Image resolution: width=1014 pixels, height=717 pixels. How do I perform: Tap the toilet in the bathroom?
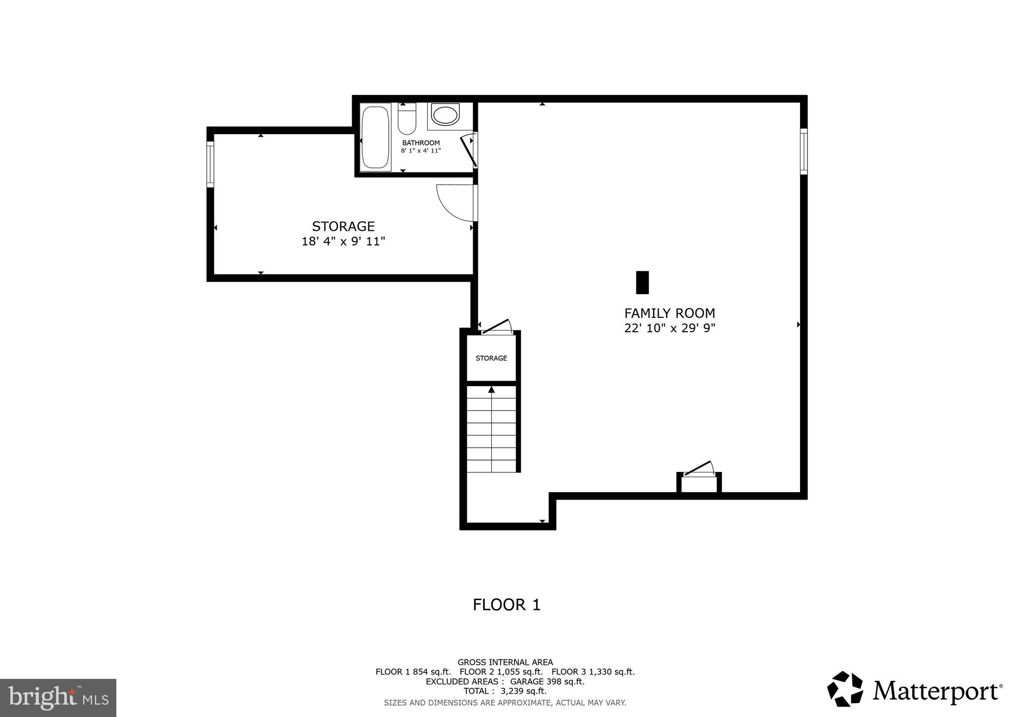click(407, 120)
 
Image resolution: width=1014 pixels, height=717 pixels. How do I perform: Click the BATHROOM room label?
click(421, 143)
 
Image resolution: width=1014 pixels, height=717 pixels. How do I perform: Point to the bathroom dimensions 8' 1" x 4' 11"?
click(421, 151)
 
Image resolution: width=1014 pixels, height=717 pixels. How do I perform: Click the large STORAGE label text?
click(343, 226)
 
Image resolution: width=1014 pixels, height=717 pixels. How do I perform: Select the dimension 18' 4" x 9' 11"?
click(343, 242)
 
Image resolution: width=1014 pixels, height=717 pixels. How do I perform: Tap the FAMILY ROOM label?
click(669, 313)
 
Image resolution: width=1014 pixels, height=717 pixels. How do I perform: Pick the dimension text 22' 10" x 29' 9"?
click(669, 328)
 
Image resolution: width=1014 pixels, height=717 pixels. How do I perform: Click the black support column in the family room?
click(642, 282)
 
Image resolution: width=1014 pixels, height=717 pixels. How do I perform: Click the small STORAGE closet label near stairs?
click(491, 358)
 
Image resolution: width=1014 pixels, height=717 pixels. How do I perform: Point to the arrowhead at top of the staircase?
click(491, 390)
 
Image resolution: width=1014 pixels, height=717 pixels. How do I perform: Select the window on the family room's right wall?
click(804, 152)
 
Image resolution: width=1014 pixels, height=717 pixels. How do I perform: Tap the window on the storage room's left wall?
click(210, 164)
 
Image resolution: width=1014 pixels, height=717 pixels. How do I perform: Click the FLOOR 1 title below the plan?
click(507, 605)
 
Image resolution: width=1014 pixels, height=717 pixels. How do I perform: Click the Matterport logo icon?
click(845, 689)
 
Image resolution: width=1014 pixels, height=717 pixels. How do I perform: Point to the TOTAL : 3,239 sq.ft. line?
click(505, 691)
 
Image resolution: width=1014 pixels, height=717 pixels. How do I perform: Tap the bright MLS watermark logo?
click(58, 698)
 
